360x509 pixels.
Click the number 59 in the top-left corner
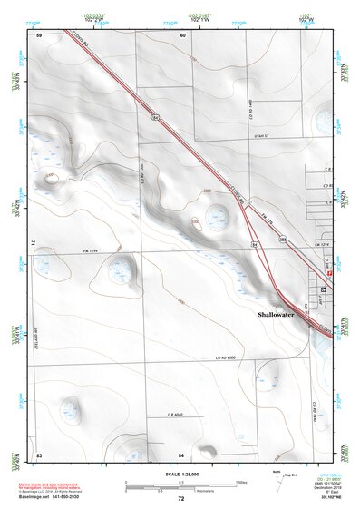pos(39,34)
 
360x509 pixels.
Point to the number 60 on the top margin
pos(182,34)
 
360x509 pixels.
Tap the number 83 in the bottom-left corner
pos(39,453)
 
